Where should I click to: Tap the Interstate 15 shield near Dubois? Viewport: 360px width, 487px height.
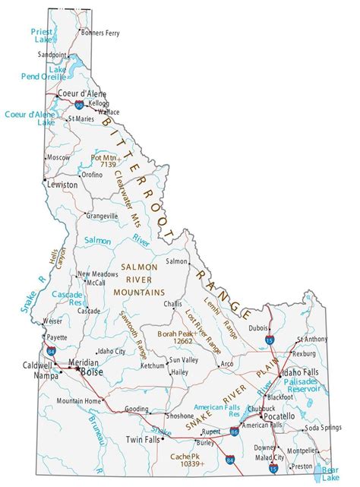click(x=271, y=343)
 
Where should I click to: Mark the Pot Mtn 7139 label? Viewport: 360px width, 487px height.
click(x=103, y=163)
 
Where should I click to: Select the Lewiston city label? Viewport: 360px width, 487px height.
click(x=62, y=185)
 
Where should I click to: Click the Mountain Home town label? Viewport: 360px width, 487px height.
click(x=80, y=400)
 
